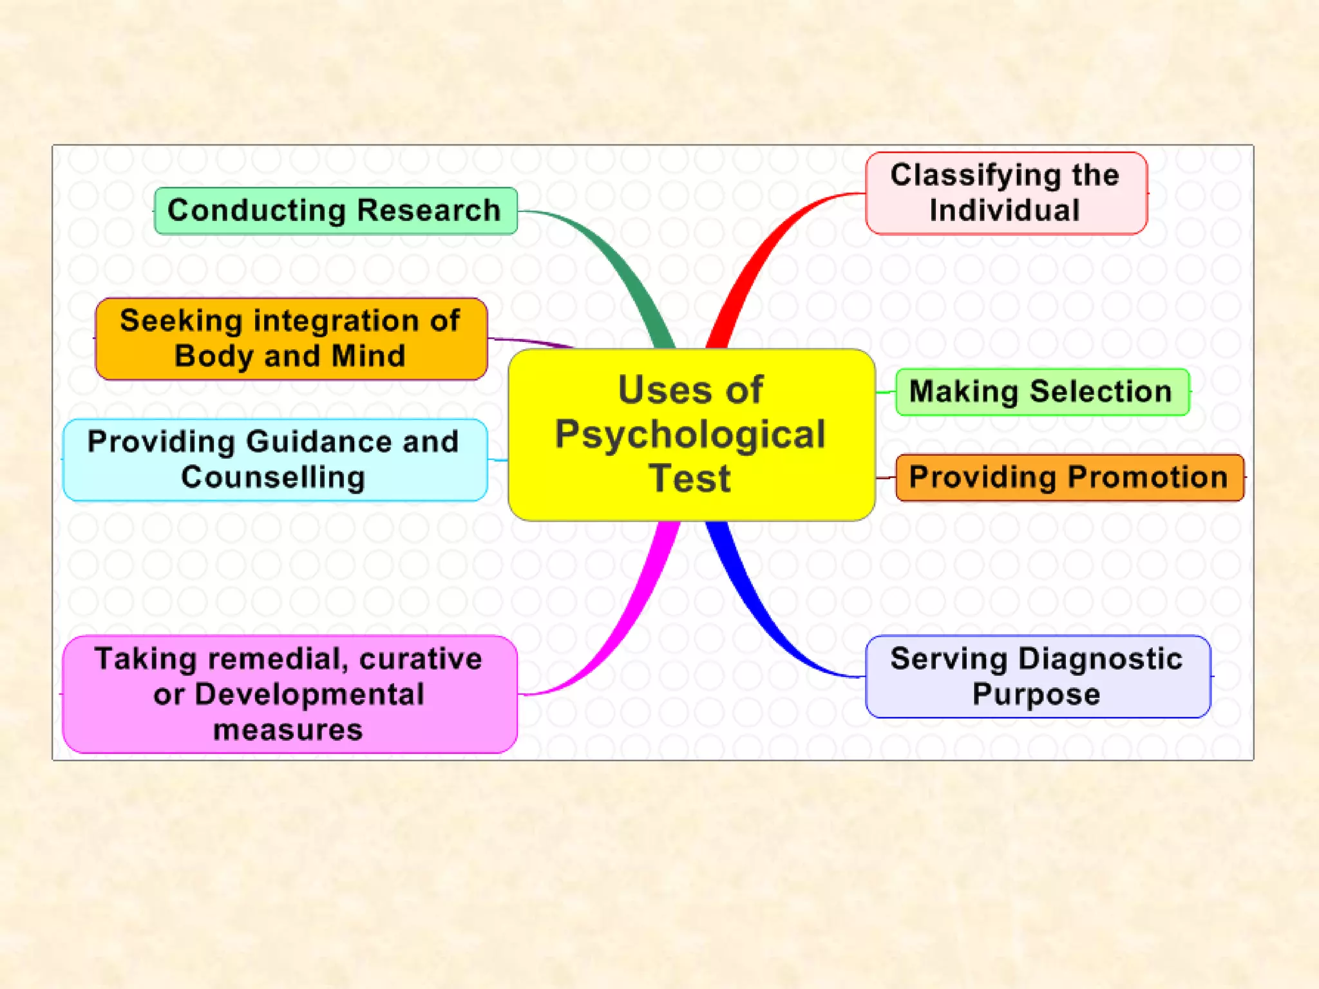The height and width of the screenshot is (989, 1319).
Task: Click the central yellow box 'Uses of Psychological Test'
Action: point(691,435)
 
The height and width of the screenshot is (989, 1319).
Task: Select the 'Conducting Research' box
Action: point(336,211)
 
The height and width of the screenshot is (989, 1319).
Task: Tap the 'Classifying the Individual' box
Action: point(1006,193)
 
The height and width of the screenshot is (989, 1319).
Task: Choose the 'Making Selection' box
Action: point(1041,391)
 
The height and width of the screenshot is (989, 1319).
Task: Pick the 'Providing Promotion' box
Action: point(1069,477)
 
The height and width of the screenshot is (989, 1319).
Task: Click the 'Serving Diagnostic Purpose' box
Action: point(1038,676)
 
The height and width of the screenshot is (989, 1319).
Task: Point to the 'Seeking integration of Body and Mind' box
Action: point(291,338)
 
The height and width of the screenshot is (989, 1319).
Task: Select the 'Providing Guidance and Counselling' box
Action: point(275,459)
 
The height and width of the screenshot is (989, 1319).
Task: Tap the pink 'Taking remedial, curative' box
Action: point(290,694)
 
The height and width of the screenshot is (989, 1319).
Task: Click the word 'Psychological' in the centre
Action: point(690,435)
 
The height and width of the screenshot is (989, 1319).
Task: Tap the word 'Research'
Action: point(429,211)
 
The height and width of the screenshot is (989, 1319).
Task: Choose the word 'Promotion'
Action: point(1148,477)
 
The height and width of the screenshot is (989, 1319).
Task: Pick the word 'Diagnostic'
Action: point(1100,659)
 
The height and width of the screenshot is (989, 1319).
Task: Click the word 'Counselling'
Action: point(273,477)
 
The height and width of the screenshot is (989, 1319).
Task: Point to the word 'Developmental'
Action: point(309,694)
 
